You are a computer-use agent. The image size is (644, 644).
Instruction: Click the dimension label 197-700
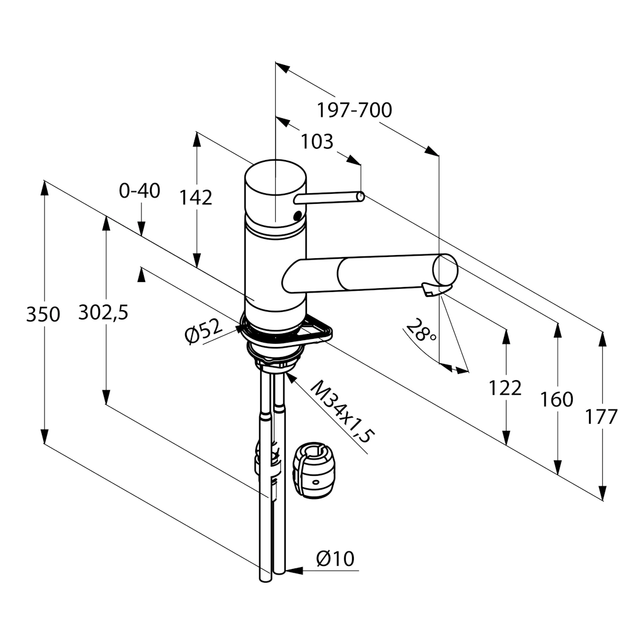pos(354,110)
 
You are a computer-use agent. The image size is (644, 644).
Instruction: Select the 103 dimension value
pos(317,142)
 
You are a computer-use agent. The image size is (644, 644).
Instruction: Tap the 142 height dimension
pos(196,198)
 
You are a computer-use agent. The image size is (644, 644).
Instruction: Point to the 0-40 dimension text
pos(139,191)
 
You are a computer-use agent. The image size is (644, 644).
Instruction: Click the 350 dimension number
pos(43,314)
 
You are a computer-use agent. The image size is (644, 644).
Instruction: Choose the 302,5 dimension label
pos(103,313)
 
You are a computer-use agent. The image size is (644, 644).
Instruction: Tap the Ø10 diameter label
pos(335,558)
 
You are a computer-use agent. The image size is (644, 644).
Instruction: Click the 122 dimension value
pos(505,388)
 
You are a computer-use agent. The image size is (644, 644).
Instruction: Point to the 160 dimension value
pos(556,399)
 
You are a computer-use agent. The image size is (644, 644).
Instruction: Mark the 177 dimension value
pos(601,416)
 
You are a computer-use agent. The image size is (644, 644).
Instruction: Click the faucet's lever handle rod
pos(329,198)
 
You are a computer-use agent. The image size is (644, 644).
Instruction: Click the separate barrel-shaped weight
pos(314,471)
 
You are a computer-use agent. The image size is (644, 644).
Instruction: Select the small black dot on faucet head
pos(297,216)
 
